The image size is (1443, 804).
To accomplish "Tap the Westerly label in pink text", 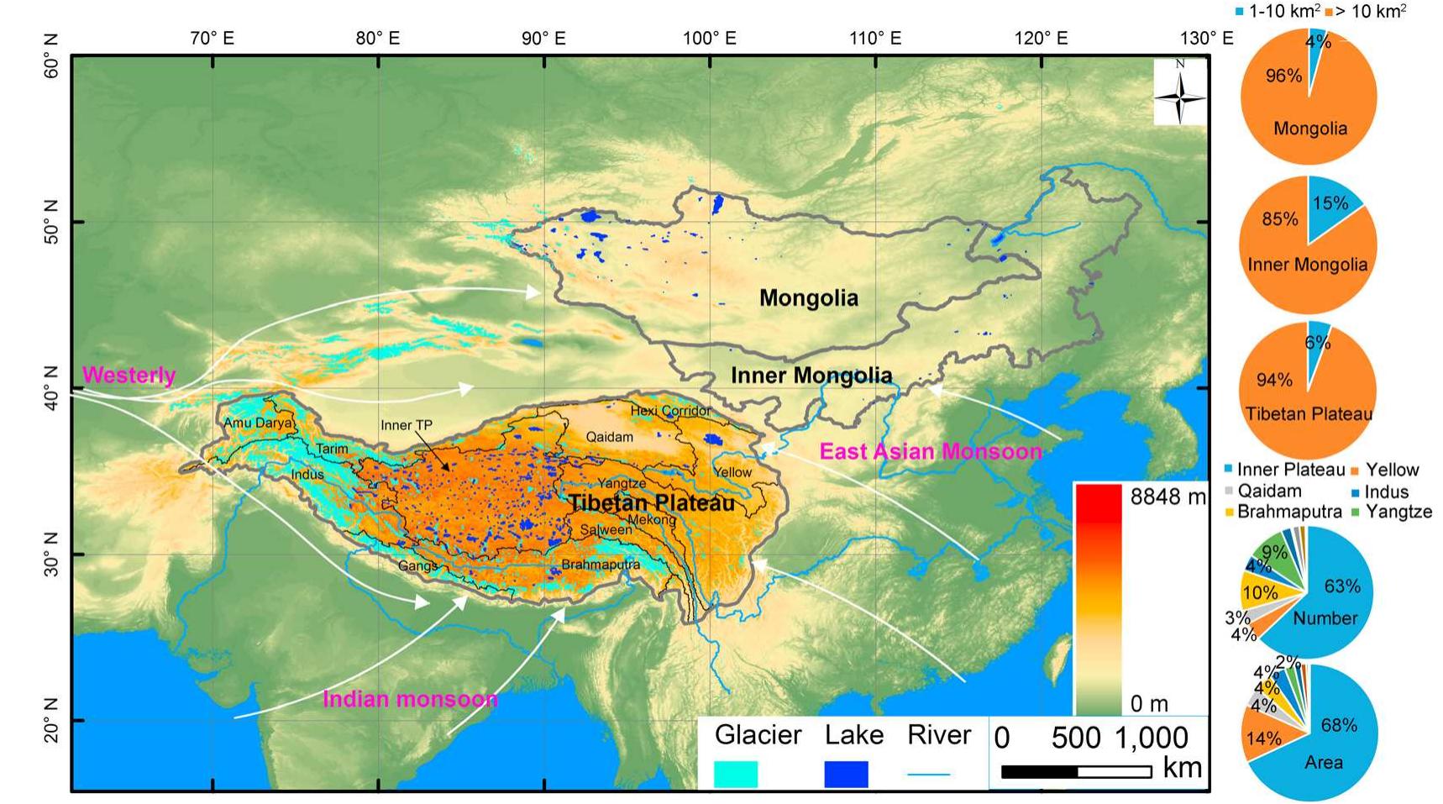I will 129,375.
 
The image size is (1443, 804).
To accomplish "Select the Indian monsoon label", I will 410,699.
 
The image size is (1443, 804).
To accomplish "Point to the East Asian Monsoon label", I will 930,451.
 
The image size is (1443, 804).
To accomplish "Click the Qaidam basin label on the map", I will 609,437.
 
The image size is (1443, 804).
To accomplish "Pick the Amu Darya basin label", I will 259,423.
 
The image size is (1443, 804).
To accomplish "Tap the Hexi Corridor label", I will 669,411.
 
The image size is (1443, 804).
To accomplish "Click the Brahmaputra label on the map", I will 600,565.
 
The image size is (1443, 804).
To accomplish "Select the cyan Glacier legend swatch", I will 735,774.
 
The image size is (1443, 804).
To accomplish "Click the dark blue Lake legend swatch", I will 845,774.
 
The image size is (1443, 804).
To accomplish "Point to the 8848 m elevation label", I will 1167,497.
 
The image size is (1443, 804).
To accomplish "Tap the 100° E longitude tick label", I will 709,38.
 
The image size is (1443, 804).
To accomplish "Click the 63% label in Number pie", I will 1341,586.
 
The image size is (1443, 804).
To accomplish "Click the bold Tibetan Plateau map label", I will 651,503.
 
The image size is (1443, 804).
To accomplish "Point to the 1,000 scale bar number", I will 1151,738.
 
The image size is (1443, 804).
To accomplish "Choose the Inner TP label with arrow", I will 407,425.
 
